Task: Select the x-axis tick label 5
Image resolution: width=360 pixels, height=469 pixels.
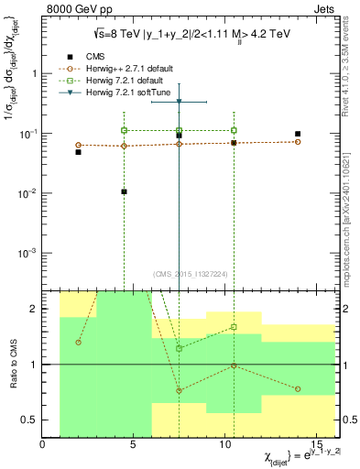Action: pyautogui.click(x=134, y=446)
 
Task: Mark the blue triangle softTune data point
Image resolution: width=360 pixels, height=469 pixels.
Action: pyautogui.click(x=179, y=101)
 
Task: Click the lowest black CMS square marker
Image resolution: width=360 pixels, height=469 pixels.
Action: pyautogui.click(x=124, y=192)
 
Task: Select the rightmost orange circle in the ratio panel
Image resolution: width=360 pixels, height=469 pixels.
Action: pyautogui.click(x=298, y=389)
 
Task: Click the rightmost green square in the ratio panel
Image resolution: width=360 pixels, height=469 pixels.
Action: pyautogui.click(x=235, y=327)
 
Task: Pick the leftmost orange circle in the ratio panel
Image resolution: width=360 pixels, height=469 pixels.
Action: pyautogui.click(x=79, y=342)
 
